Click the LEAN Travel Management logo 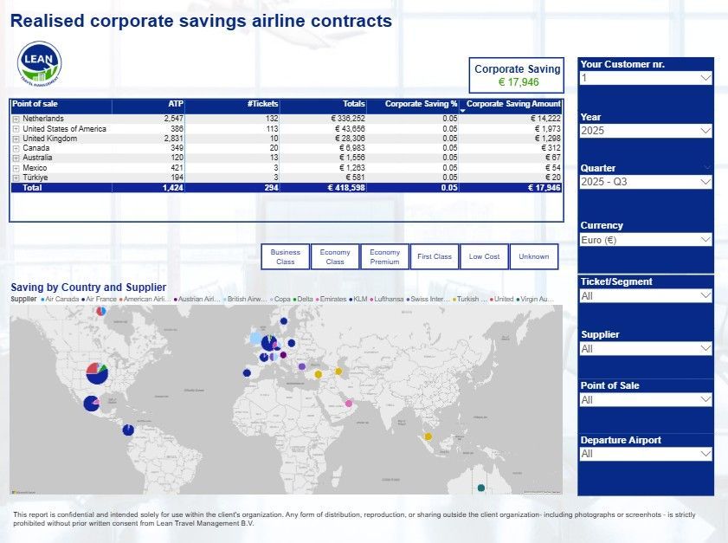pyautogui.click(x=39, y=64)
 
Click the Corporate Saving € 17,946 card pyautogui.click(x=518, y=75)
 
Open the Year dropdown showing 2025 pyautogui.click(x=646, y=131)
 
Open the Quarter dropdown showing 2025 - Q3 pyautogui.click(x=646, y=182)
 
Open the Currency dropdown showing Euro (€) pyautogui.click(x=646, y=239)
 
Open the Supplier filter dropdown pyautogui.click(x=646, y=348)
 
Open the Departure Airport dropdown pyautogui.click(x=646, y=454)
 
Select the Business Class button pyautogui.click(x=285, y=256)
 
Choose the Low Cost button pyautogui.click(x=484, y=256)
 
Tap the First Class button pyautogui.click(x=435, y=256)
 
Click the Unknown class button pyautogui.click(x=534, y=256)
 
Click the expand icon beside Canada pyautogui.click(x=16, y=148)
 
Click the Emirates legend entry pyautogui.click(x=333, y=299)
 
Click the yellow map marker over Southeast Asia pyautogui.click(x=428, y=436)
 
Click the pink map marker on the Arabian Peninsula pyautogui.click(x=349, y=404)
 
